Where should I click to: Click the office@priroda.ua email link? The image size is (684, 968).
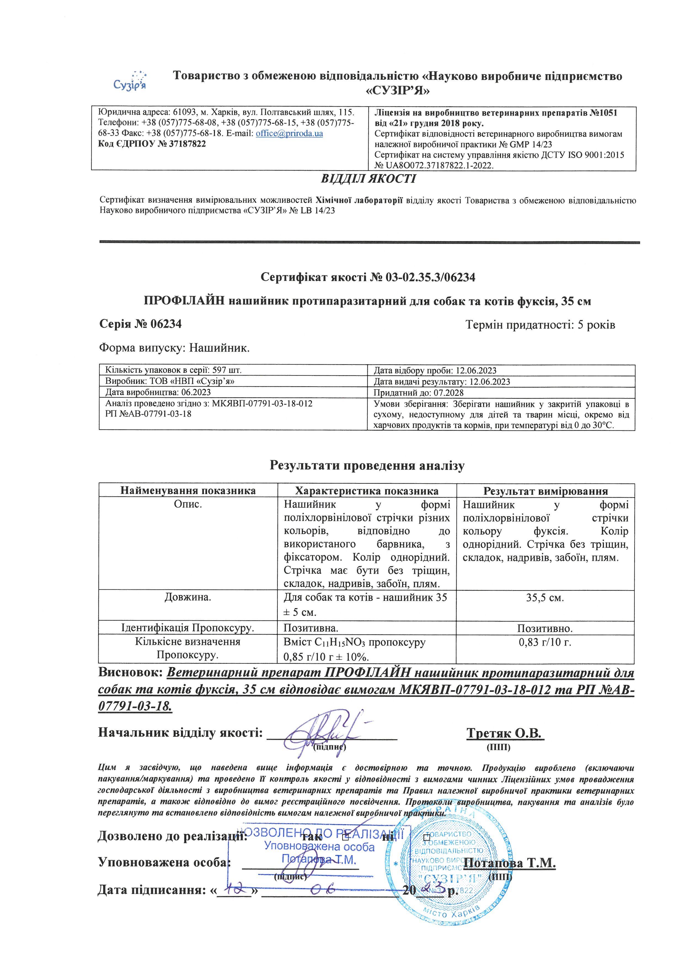pos(289,134)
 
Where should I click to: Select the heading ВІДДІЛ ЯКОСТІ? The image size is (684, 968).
pos(368,179)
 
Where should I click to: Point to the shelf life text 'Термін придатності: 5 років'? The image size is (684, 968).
pos(540,325)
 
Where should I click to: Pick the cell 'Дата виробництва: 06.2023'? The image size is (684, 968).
pos(158,392)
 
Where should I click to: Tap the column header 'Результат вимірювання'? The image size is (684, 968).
pos(546,491)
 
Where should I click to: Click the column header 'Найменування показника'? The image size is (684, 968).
pos(188,491)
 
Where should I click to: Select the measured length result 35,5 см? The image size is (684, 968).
pos(545,598)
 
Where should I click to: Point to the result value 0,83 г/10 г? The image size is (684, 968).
pos(545,643)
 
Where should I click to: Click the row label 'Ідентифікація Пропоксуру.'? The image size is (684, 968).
pos(188,628)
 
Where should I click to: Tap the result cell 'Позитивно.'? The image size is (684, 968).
pos(545,628)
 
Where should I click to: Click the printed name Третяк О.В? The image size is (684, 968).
pos(505,733)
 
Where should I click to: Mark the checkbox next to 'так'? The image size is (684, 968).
pos(345,836)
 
